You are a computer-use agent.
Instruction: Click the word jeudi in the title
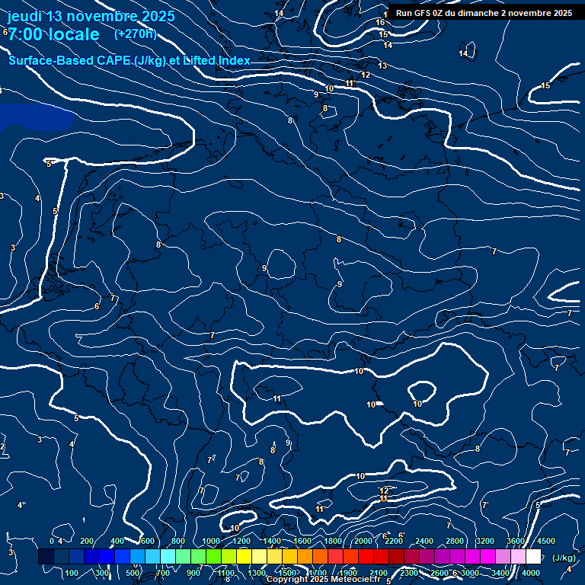(x=24, y=17)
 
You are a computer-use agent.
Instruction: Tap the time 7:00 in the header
(x=27, y=35)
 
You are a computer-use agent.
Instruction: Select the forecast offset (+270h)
(x=136, y=34)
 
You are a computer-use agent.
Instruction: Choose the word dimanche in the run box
(x=483, y=13)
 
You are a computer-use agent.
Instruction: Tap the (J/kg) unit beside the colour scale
(x=563, y=558)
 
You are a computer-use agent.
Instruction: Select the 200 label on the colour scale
(x=87, y=541)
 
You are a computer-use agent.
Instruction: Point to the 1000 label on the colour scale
(x=211, y=541)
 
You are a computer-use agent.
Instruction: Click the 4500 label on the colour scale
(x=546, y=541)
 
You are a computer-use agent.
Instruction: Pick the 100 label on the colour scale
(x=72, y=573)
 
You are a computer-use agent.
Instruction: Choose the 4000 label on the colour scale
(x=531, y=573)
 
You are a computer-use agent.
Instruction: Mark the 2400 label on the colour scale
(x=424, y=541)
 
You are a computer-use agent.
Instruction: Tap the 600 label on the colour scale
(x=148, y=541)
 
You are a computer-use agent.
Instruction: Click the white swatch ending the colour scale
(x=533, y=557)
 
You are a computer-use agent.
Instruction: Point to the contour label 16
(x=380, y=22)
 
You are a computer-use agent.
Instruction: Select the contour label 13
(x=382, y=66)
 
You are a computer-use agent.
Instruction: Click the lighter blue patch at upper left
(x=34, y=116)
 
